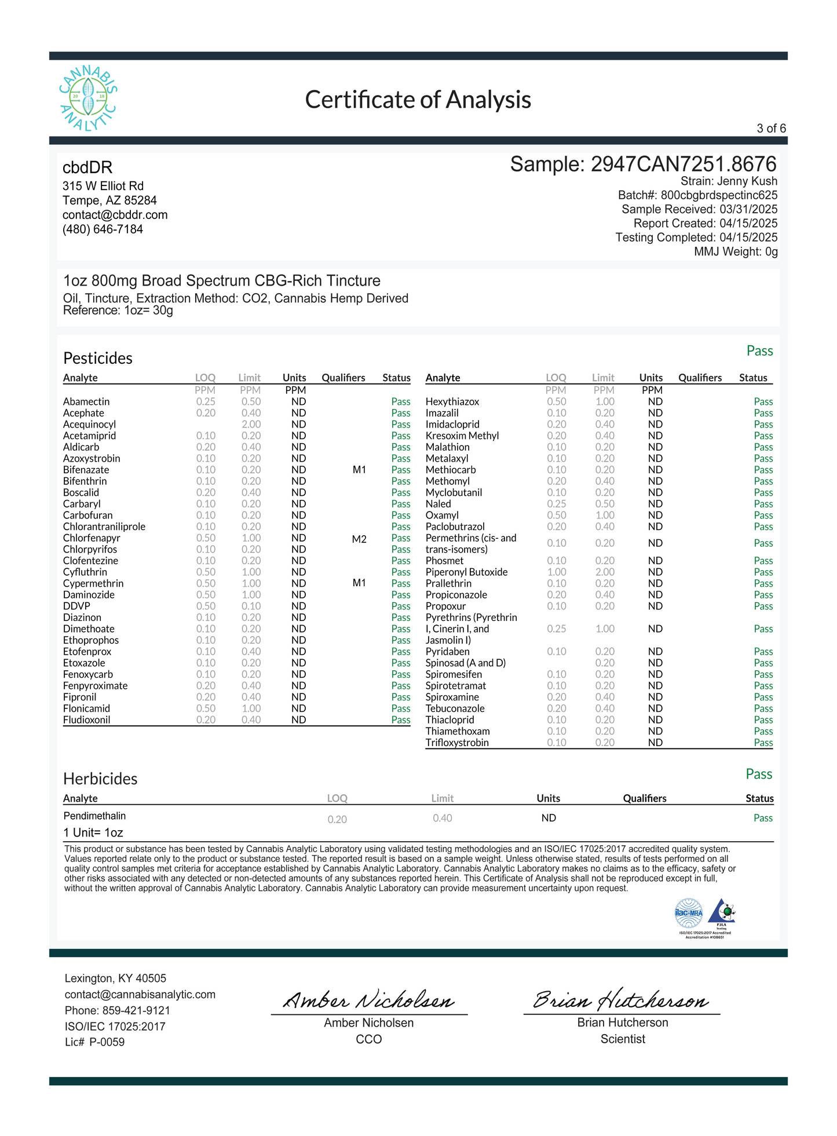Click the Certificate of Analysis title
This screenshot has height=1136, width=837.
(x=418, y=100)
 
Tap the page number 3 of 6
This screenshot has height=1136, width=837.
(x=771, y=129)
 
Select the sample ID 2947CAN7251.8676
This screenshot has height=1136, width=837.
(x=683, y=165)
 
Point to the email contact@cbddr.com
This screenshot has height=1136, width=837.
(x=115, y=215)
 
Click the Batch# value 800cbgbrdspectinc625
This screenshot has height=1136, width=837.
(x=719, y=195)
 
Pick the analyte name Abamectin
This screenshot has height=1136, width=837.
(x=86, y=401)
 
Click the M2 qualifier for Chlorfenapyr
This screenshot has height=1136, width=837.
(x=359, y=539)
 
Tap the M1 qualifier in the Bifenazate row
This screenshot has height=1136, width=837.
(x=359, y=470)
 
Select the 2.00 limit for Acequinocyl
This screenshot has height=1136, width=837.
(x=251, y=425)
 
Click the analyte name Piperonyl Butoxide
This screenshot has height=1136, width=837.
(x=466, y=572)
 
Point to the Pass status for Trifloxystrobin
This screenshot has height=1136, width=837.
(x=763, y=743)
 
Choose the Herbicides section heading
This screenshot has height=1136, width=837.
(x=100, y=779)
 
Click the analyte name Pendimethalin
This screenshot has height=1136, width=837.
(x=94, y=816)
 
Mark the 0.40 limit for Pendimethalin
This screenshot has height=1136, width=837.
(x=442, y=818)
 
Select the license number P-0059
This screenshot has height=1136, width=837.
(x=107, y=1042)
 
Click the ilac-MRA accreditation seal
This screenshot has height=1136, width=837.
(x=688, y=914)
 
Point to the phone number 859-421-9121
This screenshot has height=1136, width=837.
(x=136, y=1010)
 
